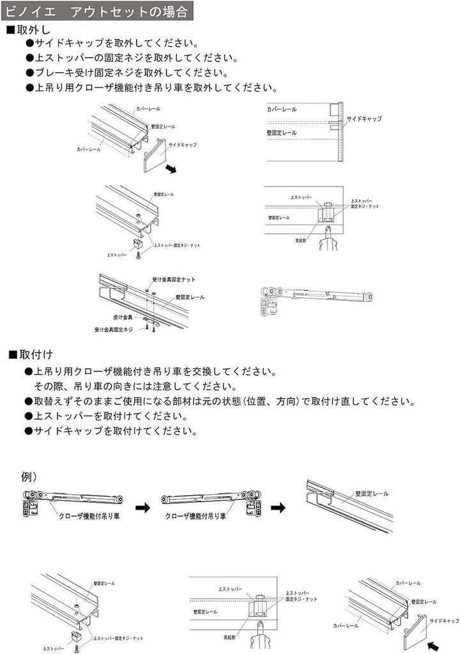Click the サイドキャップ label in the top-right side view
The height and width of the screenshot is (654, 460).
tap(364, 119)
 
